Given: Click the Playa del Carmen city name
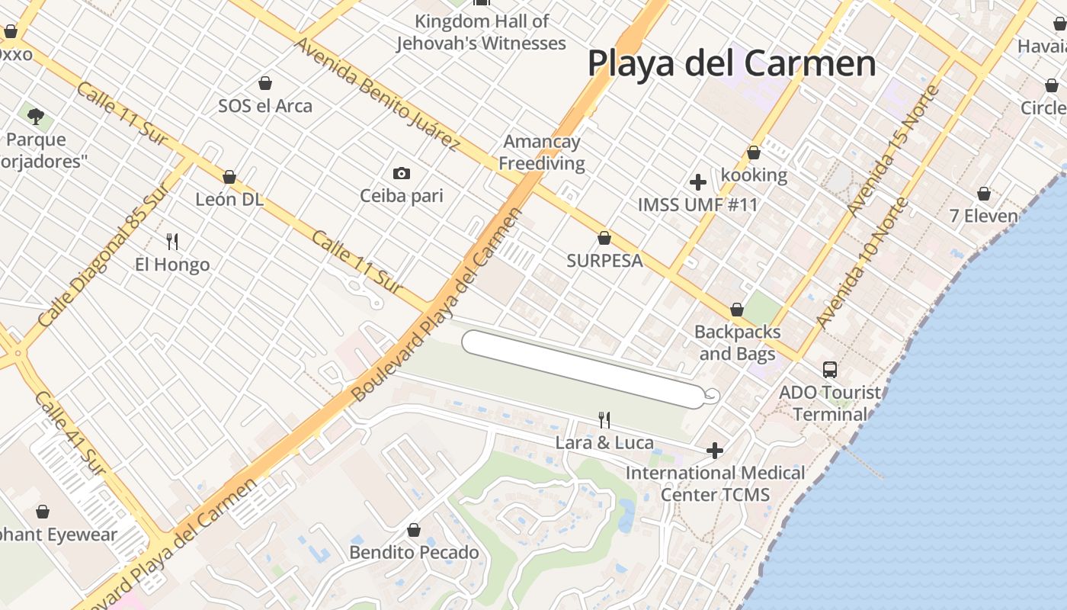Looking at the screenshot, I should (x=732, y=63).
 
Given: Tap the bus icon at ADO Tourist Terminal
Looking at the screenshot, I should (x=829, y=370).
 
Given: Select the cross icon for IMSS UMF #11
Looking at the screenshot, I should (x=697, y=182).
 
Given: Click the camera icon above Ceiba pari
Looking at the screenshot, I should (x=402, y=174).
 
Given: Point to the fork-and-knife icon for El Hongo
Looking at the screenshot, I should (x=172, y=242).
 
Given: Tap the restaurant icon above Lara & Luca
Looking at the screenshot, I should (x=604, y=419).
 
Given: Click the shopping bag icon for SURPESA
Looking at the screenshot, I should (x=604, y=238).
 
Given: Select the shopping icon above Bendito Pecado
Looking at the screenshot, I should (x=414, y=529).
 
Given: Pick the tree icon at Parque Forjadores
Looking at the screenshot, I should (x=35, y=116).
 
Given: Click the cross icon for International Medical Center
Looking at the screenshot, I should (x=714, y=451).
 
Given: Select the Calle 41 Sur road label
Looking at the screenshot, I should (x=69, y=433).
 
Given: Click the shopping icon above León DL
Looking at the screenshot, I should (x=229, y=177).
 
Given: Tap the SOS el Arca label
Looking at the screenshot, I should (x=265, y=106).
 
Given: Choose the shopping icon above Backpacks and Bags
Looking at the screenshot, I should (x=736, y=310).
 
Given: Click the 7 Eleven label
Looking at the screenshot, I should (x=983, y=216).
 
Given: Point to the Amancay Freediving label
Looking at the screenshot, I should (x=542, y=152).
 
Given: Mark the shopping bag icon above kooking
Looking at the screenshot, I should (x=753, y=152).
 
